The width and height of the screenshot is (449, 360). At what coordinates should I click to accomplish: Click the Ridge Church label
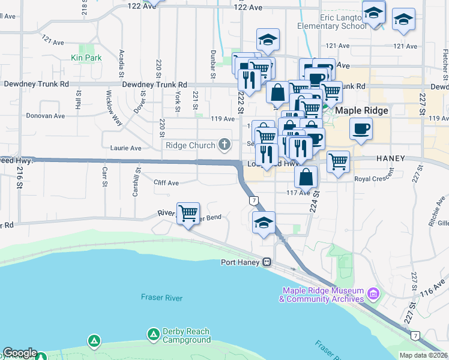coord(190,145)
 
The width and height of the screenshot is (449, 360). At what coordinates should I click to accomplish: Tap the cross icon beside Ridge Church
coord(224,144)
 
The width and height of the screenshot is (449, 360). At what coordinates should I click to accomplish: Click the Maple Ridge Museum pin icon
coord(373,294)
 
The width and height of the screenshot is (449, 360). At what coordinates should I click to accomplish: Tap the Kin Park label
coord(86,58)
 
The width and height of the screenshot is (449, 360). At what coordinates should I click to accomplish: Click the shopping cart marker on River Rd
coord(188,212)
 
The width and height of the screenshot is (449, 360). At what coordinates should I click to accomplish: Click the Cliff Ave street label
coord(166,182)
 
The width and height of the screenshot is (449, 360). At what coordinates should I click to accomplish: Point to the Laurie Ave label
coord(126,148)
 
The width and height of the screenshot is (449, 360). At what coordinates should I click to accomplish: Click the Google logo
coord(19,353)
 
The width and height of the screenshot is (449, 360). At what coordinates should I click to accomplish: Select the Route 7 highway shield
coord(255,200)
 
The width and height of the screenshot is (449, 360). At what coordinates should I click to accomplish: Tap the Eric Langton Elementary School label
coord(332,22)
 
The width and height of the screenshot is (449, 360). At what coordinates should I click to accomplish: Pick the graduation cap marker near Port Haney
coord(264,222)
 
